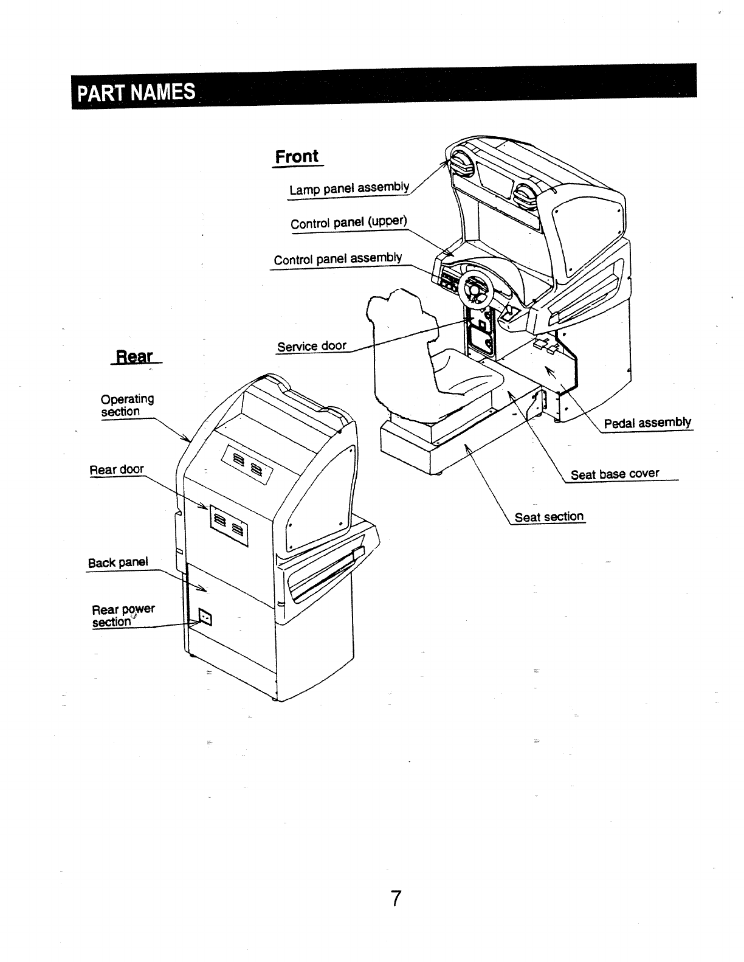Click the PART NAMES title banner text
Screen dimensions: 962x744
[135, 93]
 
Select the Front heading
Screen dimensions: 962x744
[297, 156]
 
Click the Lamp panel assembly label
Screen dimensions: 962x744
[349, 188]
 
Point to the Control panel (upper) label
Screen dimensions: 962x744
[348, 222]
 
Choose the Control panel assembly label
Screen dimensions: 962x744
[338, 258]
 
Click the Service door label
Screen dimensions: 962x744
[311, 346]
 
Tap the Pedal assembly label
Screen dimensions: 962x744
[647, 422]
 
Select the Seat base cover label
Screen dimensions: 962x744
[615, 474]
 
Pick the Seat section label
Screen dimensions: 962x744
[549, 517]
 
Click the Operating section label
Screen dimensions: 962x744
[126, 405]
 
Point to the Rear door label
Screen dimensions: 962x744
[117, 469]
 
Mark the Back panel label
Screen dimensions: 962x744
[118, 562]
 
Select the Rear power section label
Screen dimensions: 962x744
[123, 615]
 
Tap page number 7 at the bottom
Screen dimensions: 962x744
[396, 898]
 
